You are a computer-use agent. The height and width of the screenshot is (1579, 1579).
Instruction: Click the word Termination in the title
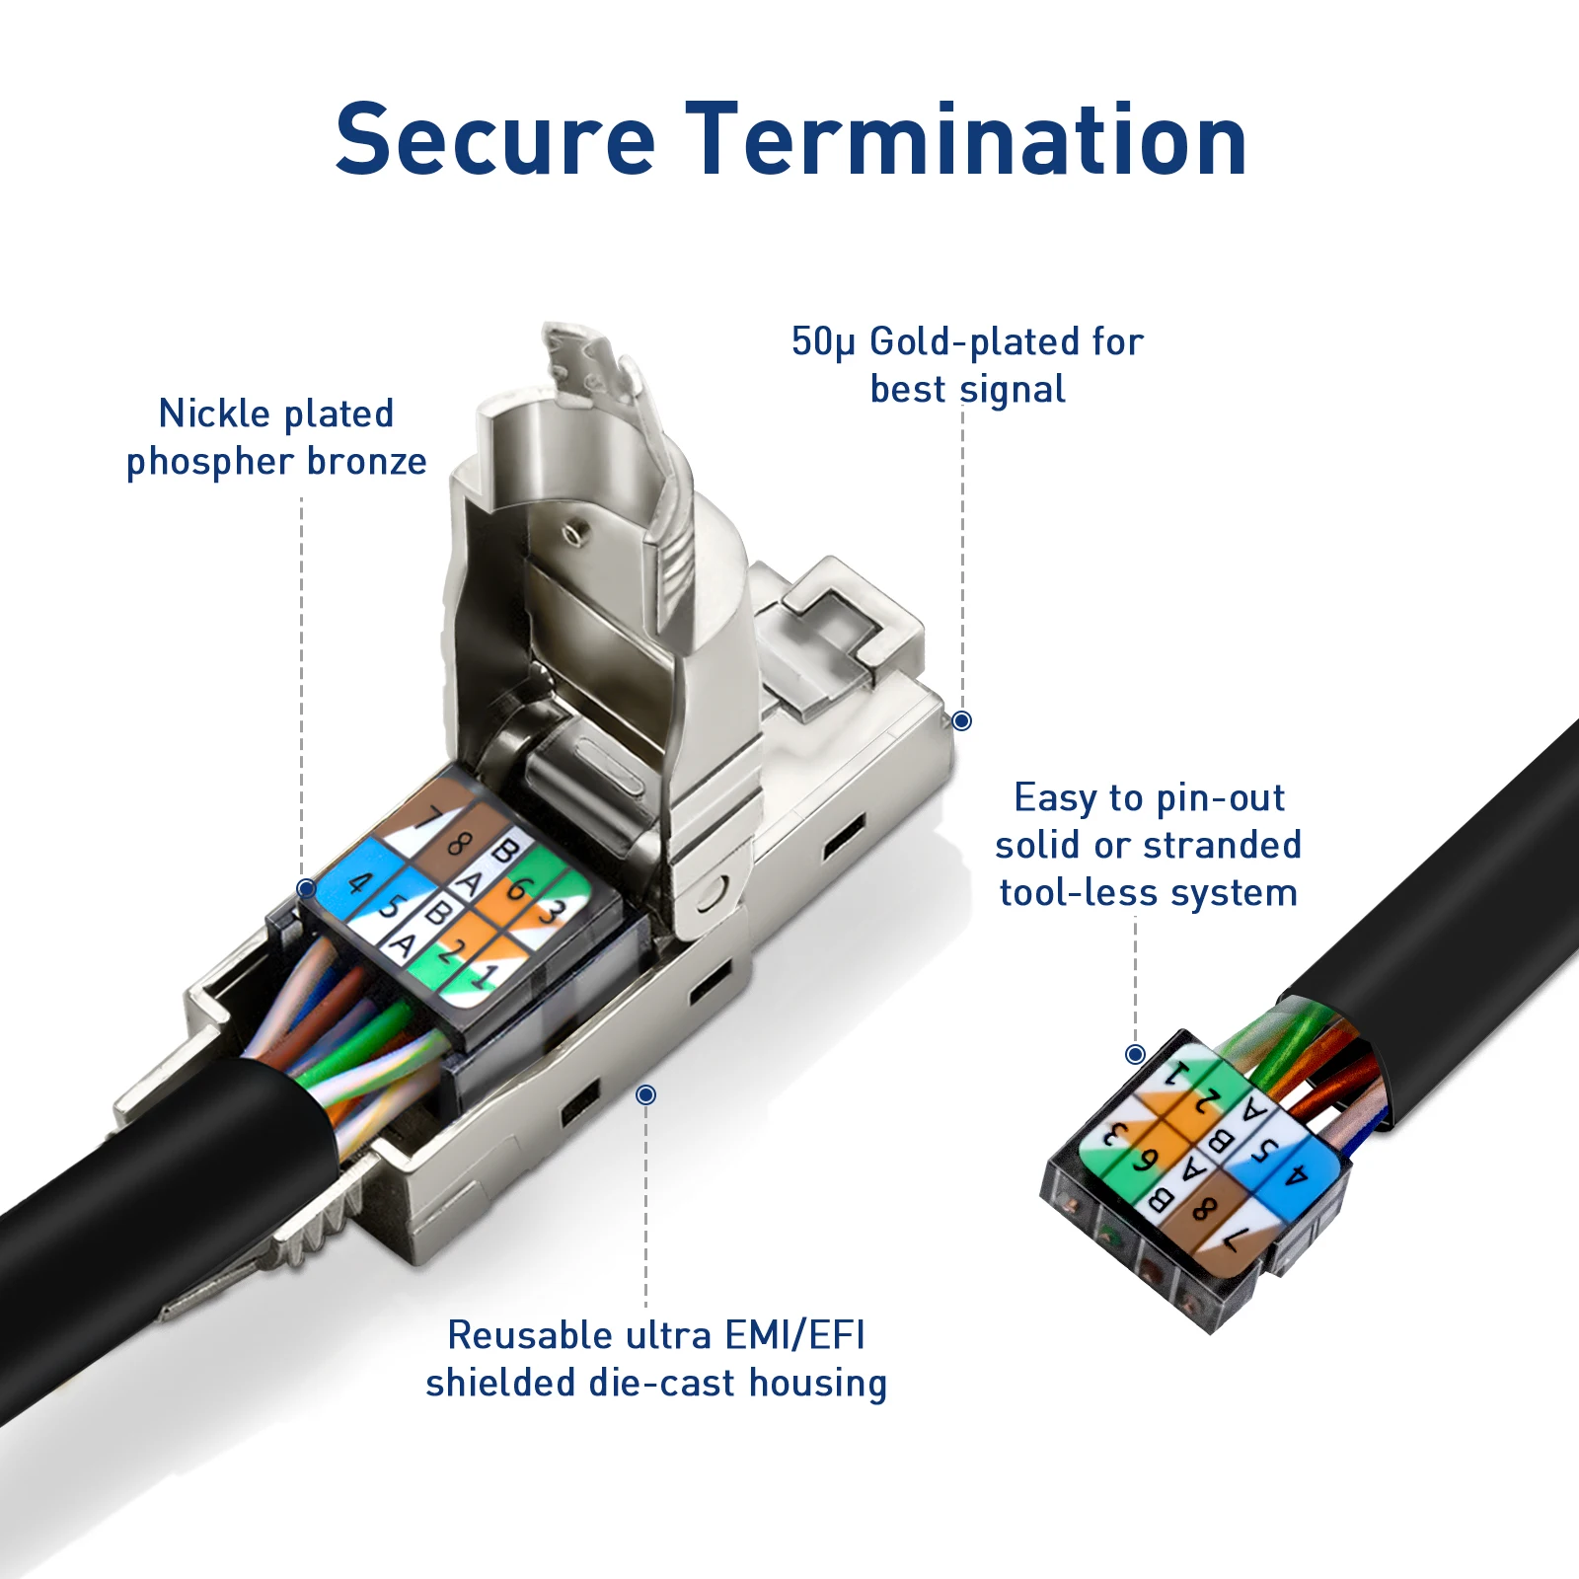tap(967, 140)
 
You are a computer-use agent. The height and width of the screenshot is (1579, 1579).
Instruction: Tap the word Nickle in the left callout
tap(214, 414)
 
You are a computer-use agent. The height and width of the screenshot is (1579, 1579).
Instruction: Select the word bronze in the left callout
tap(366, 462)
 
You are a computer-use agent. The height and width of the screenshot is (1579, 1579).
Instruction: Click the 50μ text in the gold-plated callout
tap(823, 342)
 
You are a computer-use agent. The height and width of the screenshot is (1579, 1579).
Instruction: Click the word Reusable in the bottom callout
tap(530, 1335)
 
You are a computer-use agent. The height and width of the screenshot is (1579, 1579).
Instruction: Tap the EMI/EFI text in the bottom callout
tap(794, 1335)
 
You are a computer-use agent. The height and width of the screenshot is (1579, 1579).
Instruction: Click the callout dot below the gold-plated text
tap(961, 721)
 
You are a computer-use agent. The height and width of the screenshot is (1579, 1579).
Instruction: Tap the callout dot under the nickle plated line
tap(307, 889)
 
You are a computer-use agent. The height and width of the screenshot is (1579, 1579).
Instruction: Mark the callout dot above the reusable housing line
tap(646, 1094)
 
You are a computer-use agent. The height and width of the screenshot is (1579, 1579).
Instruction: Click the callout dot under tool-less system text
tap(1136, 1054)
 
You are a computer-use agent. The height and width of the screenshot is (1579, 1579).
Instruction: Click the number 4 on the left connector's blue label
tap(360, 881)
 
